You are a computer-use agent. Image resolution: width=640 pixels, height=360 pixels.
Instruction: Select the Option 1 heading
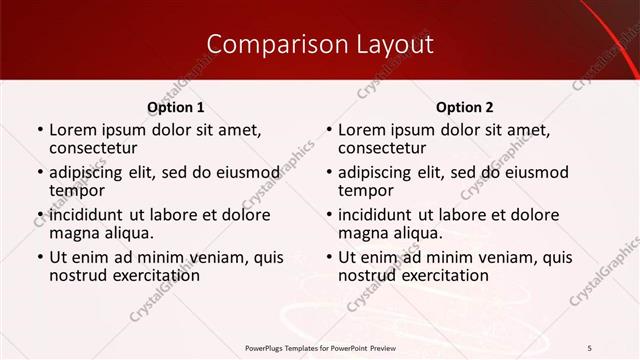175,107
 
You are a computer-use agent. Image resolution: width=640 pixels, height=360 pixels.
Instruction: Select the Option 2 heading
465,107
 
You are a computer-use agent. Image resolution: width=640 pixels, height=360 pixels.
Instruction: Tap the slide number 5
590,347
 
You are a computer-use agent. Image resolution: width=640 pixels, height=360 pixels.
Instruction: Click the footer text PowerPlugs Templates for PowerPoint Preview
319,347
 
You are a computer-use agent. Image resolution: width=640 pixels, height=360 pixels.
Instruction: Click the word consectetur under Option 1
94,148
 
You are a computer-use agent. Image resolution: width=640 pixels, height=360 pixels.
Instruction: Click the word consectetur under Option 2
383,148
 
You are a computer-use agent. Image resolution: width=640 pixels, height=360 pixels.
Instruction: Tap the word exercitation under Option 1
147,275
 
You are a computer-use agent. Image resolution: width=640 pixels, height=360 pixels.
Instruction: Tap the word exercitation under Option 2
436,275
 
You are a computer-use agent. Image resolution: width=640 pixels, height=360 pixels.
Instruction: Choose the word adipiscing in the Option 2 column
379,172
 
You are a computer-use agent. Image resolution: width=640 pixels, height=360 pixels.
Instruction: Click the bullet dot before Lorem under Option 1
39,130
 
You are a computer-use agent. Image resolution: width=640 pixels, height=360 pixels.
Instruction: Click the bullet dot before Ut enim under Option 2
328,257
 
